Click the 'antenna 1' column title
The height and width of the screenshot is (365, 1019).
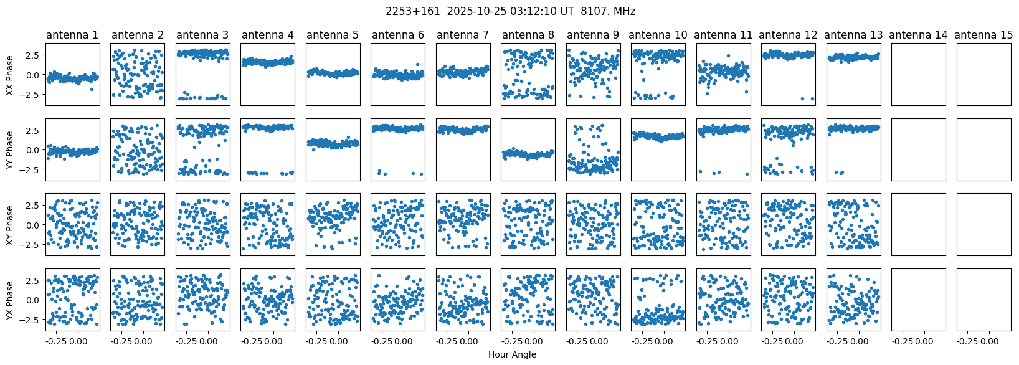(x=72, y=35)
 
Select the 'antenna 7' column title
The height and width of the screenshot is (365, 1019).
(x=463, y=35)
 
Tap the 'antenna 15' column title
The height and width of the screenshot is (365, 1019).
(x=984, y=35)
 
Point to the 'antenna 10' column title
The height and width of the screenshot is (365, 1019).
(x=658, y=35)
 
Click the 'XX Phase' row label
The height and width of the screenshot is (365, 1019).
(x=10, y=75)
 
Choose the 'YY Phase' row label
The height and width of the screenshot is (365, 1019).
(x=10, y=149)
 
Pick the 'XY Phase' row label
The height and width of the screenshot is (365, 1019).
(x=10, y=225)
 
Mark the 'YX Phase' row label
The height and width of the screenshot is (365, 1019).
(x=10, y=300)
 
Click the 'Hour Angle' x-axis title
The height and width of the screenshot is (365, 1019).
(x=512, y=354)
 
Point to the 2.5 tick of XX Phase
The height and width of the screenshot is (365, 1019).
(x=35, y=55)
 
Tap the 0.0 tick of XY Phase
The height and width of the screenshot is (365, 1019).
(x=35, y=225)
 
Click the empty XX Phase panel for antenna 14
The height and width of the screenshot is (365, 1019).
(x=919, y=75)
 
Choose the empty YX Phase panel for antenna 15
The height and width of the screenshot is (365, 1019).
(x=984, y=300)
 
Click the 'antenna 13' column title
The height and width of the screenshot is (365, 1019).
(x=853, y=35)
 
